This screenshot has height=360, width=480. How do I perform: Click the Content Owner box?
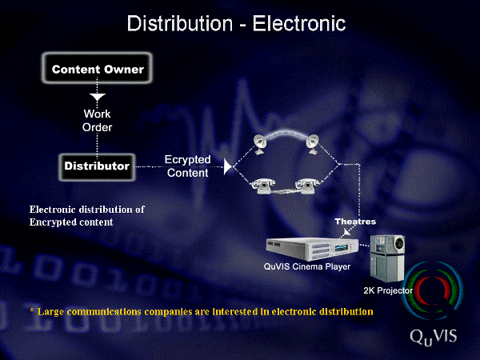(97, 68)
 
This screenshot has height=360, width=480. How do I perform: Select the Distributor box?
(97, 167)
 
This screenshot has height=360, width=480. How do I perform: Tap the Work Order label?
(97, 120)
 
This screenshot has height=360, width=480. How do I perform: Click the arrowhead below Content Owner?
(98, 98)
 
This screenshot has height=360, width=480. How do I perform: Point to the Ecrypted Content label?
(188, 166)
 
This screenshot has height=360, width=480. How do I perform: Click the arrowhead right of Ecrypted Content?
(228, 167)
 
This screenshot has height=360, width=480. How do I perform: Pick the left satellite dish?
(261, 144)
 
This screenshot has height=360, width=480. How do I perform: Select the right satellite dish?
(313, 144)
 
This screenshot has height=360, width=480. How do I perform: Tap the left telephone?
(263, 186)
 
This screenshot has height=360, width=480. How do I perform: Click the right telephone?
(306, 186)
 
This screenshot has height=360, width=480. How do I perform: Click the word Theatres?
(355, 222)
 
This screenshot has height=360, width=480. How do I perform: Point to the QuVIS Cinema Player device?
(312, 249)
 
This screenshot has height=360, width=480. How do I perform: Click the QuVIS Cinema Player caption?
(307, 266)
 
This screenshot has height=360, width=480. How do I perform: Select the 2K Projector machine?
(387, 258)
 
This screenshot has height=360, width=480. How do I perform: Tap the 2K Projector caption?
(388, 290)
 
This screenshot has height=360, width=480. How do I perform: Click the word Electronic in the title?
(299, 23)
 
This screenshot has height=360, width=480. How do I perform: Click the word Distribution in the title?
(180, 23)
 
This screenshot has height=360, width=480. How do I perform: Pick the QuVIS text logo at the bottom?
(433, 337)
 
